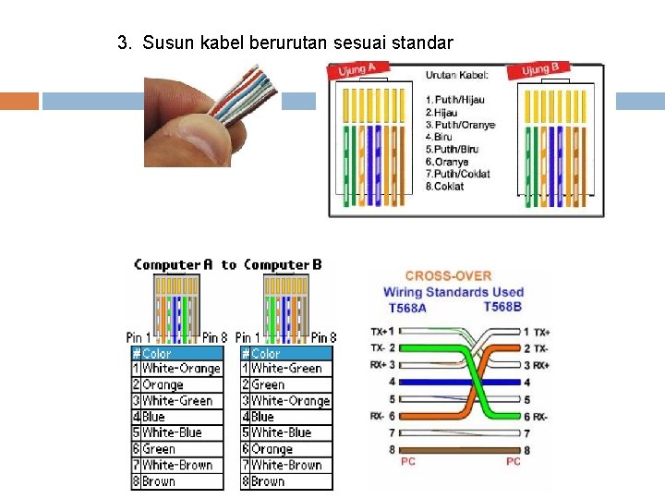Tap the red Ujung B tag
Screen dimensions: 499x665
[541, 70]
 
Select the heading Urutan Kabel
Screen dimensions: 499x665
[457, 76]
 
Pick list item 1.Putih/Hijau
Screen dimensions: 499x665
[454, 100]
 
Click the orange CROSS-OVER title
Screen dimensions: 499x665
[448, 275]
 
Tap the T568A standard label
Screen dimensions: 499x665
[407, 308]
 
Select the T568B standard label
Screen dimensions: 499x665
[502, 307]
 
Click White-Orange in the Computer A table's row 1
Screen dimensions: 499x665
[181, 369]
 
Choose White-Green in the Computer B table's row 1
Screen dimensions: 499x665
[286, 369]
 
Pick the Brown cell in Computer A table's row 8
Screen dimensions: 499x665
[159, 481]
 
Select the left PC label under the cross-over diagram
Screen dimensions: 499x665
[407, 460]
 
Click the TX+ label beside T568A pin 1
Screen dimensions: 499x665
[378, 331]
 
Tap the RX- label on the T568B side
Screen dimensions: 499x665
[541, 417]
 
